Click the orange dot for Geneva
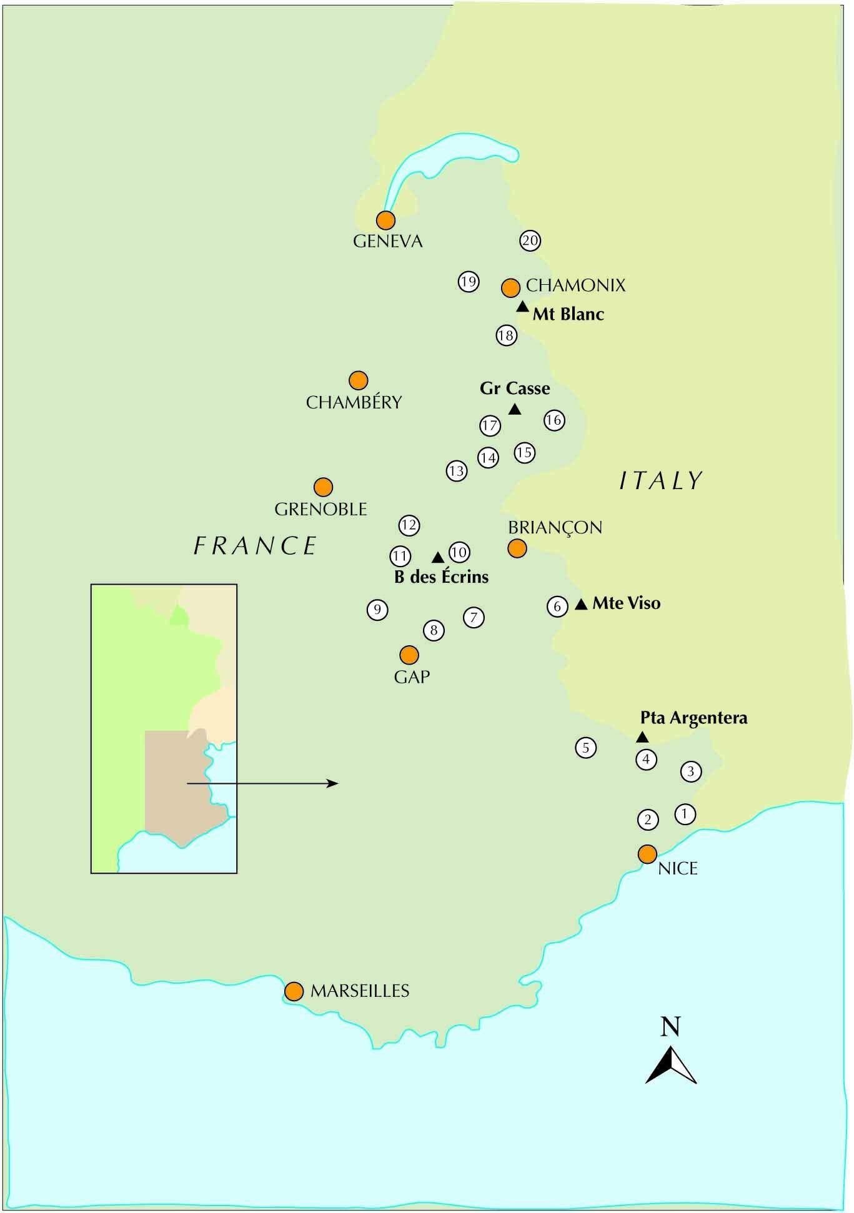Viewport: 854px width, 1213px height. click(385, 220)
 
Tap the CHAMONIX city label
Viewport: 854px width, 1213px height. click(575, 285)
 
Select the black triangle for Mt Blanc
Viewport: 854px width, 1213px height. click(522, 306)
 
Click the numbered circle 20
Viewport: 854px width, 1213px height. click(530, 240)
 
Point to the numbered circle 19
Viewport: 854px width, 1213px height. click(469, 282)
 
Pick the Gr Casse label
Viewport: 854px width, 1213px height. click(515, 389)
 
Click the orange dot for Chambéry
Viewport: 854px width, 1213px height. click(358, 380)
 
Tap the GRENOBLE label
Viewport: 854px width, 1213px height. click(320, 509)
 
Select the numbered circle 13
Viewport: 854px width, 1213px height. click(457, 471)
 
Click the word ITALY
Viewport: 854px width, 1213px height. click(661, 480)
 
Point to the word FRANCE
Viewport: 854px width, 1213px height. click(256, 546)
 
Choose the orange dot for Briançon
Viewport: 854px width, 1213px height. click(517, 548)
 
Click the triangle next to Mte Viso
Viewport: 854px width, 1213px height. click(581, 604)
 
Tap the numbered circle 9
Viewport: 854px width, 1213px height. click(377, 610)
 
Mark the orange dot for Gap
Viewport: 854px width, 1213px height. click(409, 655)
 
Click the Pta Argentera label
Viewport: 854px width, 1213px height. click(693, 718)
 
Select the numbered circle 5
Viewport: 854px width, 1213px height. click(585, 748)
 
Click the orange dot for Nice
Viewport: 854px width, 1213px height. click(647, 853)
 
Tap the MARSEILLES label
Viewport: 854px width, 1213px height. click(360, 991)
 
